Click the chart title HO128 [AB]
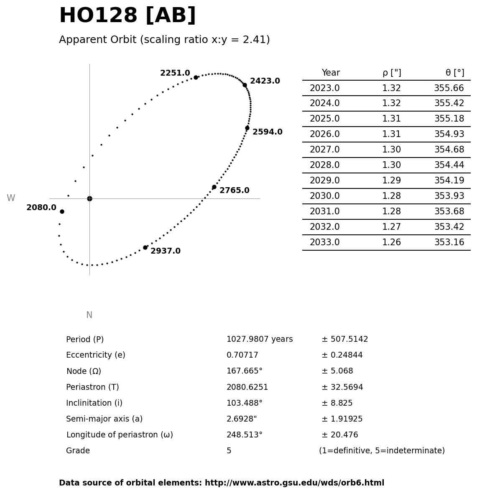coord(128,16)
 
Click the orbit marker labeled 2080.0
coord(62,211)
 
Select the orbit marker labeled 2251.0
coord(196,77)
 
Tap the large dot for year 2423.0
coord(245,85)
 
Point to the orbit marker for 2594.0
coord(247,128)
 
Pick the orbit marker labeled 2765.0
coord(214,187)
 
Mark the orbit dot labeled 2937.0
coord(145,247)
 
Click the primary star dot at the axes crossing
coord(89,198)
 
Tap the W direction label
coord(11,198)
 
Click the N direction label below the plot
coord(89,315)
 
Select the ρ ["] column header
coord(392,73)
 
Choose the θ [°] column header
coord(454,73)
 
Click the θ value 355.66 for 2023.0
coord(449,89)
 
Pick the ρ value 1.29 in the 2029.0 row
coord(391,181)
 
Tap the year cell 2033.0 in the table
coord(324,243)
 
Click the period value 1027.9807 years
coord(260,340)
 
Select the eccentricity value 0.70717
coord(242,356)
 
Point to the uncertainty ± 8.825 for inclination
coord(337,404)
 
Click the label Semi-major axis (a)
coord(104,419)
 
